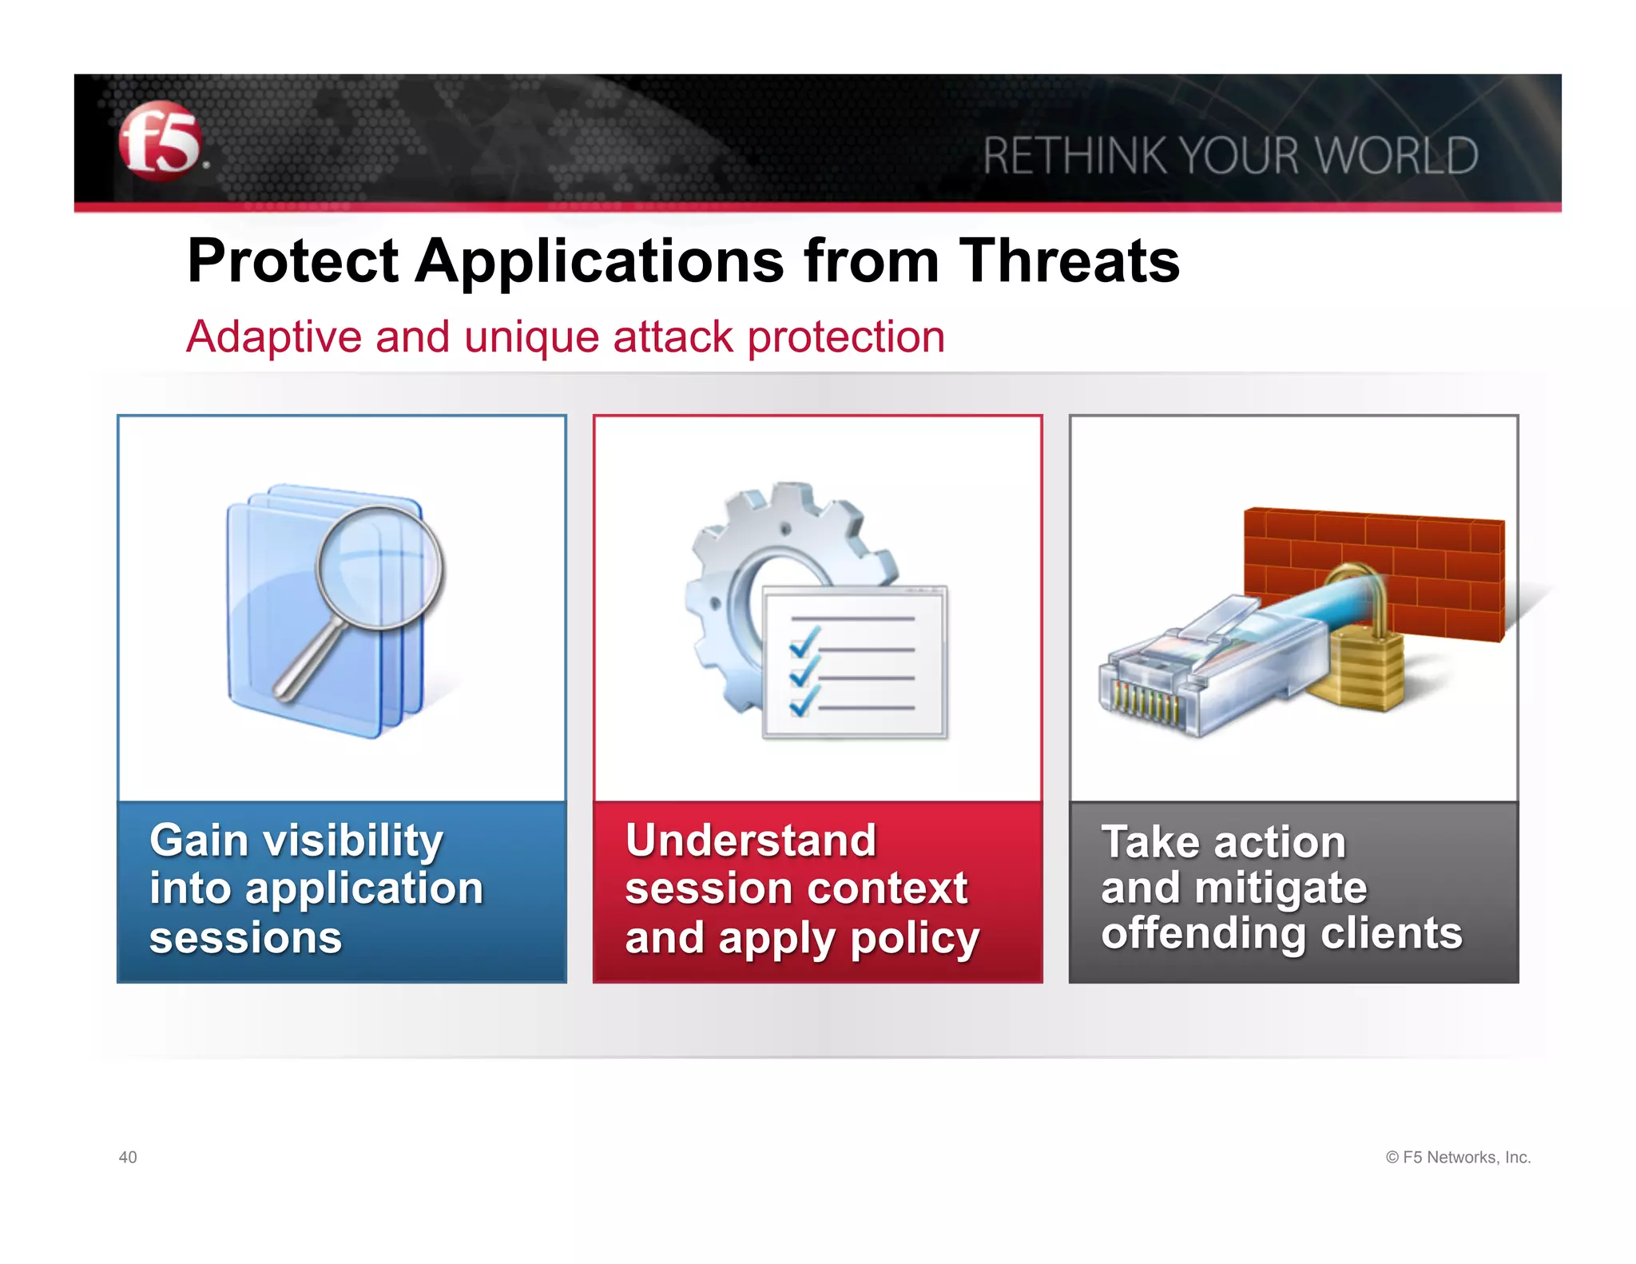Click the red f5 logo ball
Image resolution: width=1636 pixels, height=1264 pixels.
(160, 141)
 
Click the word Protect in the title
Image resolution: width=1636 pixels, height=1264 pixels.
(292, 261)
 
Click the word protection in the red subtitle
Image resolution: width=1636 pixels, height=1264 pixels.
(846, 336)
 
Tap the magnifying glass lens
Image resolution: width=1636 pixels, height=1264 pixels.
(379, 566)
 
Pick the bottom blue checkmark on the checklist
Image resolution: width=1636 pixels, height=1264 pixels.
(804, 702)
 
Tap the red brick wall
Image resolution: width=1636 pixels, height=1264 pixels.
(1422, 559)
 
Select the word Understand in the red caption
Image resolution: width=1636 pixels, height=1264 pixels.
(750, 841)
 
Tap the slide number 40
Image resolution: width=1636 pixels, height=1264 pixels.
(128, 1157)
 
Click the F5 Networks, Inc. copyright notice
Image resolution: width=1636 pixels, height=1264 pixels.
(1458, 1157)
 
